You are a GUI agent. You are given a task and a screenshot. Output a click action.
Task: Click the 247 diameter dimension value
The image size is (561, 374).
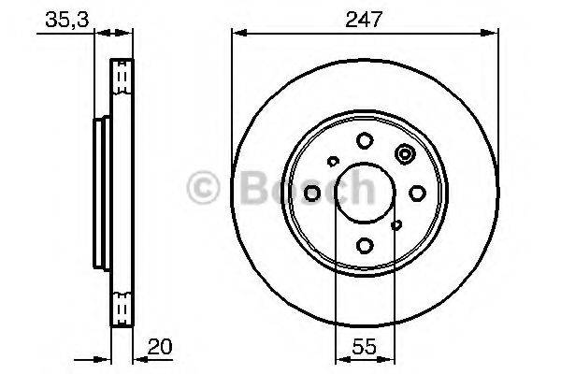click(365, 19)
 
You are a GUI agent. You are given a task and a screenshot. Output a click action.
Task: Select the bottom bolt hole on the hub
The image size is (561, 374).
click(365, 246)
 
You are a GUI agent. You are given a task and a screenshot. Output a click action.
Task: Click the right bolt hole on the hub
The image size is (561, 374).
click(417, 193)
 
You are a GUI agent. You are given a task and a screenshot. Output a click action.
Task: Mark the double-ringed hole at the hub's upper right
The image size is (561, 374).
click(405, 155)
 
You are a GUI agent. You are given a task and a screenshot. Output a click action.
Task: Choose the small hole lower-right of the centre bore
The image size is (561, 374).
click(397, 224)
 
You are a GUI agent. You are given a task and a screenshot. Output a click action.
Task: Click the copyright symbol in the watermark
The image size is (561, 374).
click(205, 188)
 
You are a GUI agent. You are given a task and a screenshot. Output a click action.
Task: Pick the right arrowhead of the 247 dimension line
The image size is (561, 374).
click(493, 34)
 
